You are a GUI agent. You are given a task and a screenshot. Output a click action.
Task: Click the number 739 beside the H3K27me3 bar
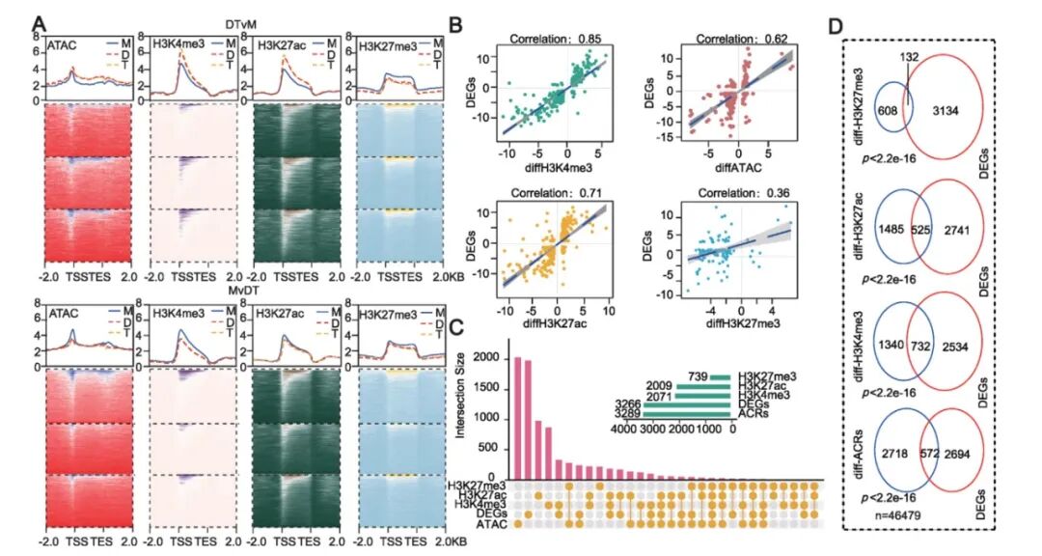699,376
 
